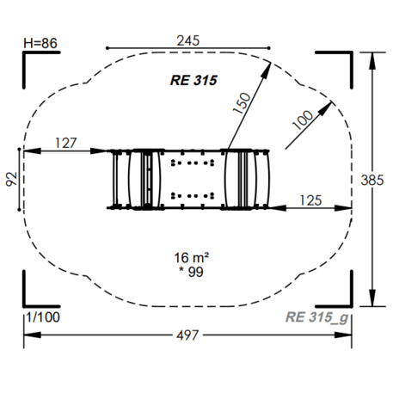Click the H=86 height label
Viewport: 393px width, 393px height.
40,43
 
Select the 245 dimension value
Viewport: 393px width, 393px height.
188,40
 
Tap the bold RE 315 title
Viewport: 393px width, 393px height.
193,80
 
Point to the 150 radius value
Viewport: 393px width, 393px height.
242,103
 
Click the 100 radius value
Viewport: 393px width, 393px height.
303,120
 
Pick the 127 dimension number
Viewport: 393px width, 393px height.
66,143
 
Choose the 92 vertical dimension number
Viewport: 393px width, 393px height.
12,180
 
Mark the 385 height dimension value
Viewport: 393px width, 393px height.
372,181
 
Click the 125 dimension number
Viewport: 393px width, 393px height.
310,200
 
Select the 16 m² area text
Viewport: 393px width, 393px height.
192,257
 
